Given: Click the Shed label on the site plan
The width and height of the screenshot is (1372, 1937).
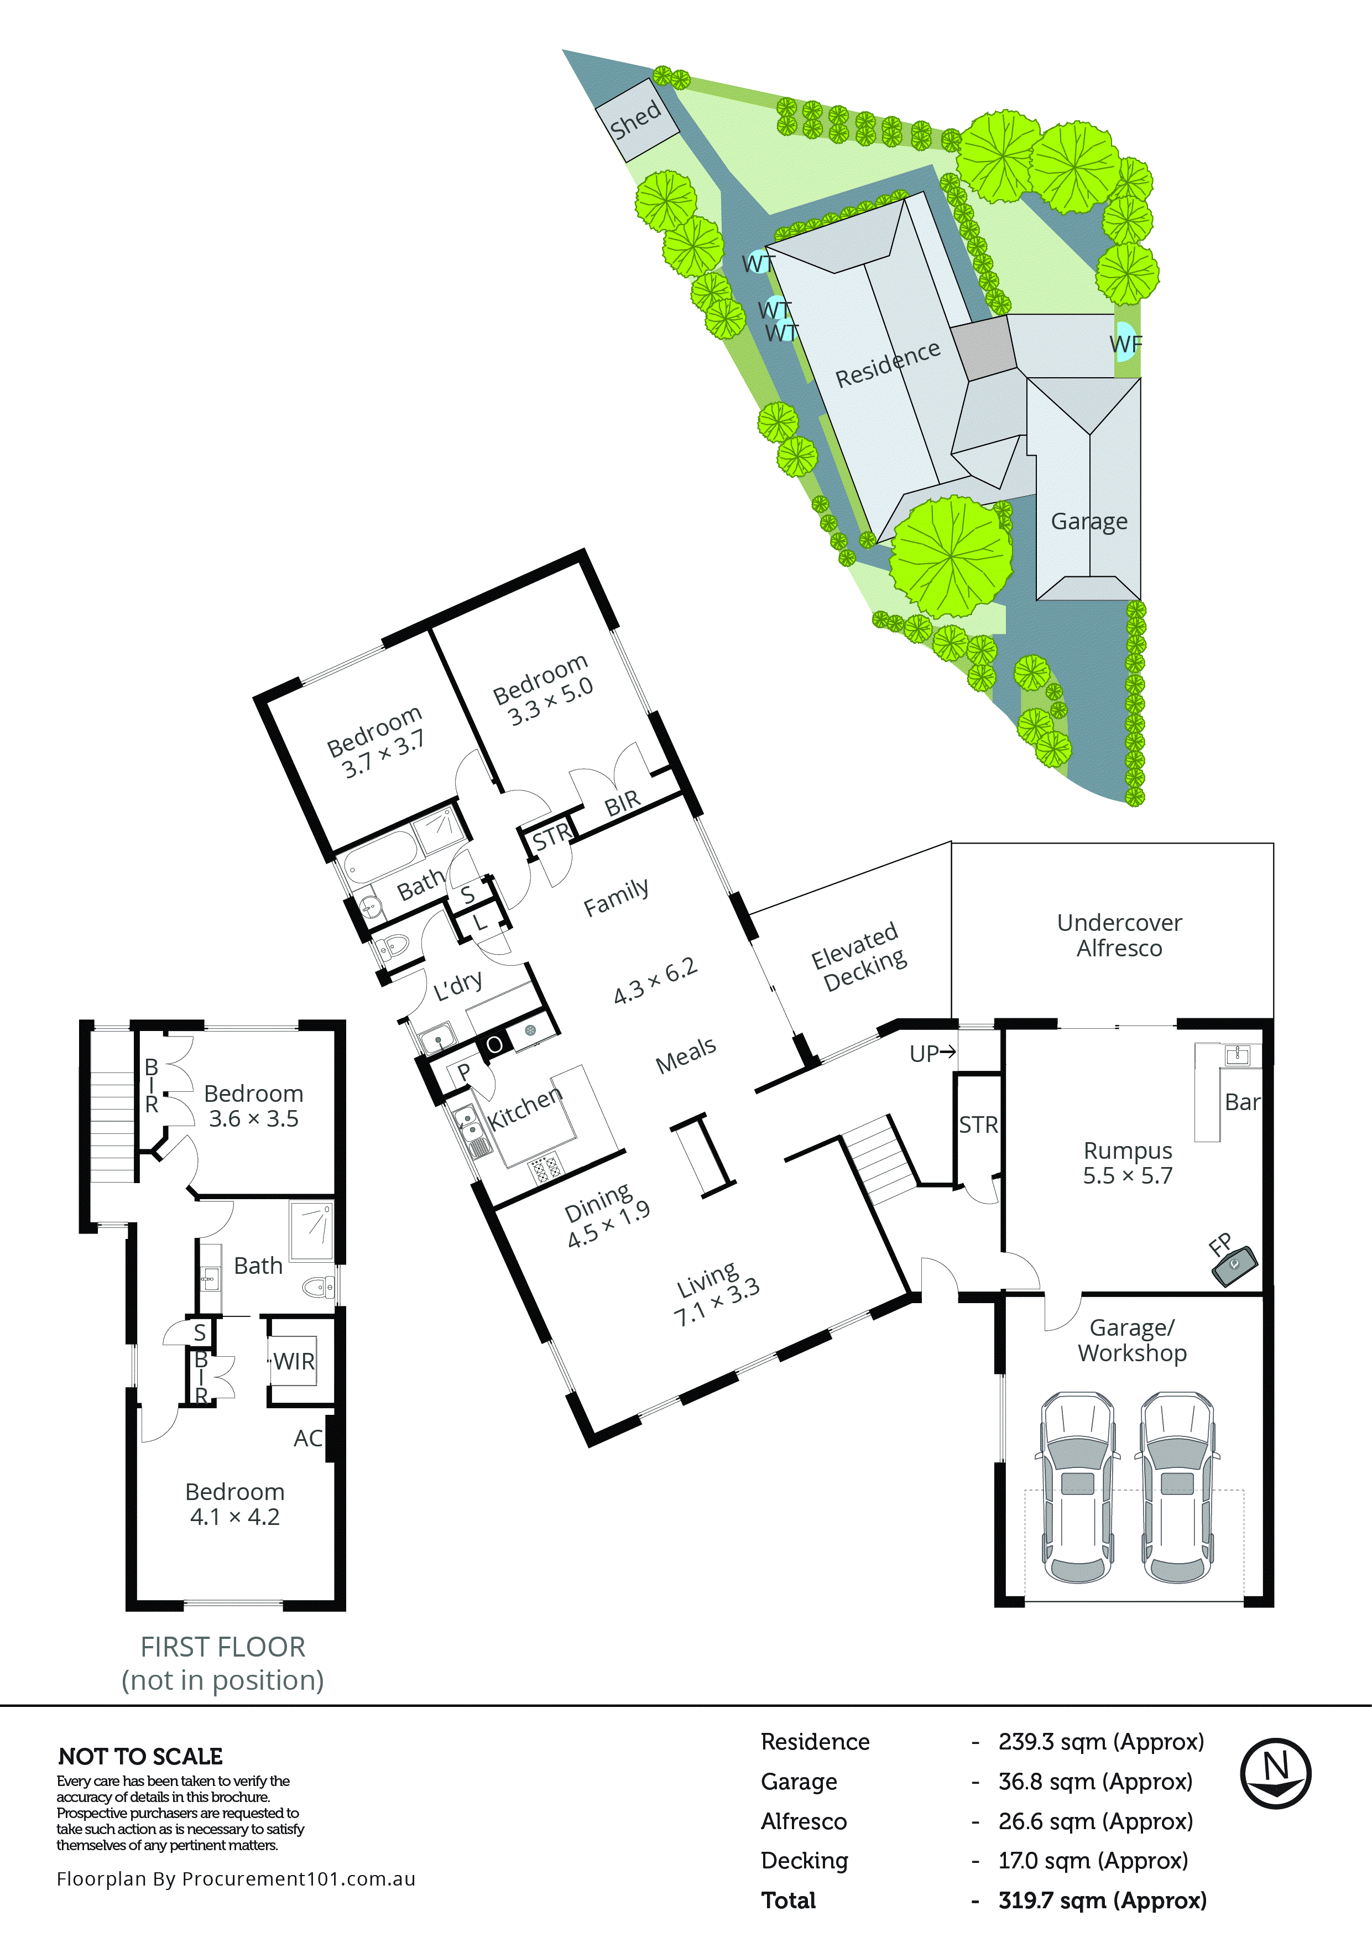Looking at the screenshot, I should pyautogui.click(x=635, y=120).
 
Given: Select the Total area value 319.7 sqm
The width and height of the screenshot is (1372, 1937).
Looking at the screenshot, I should pyautogui.click(x=1102, y=1900).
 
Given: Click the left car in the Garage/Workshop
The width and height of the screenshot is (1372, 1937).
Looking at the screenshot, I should pyautogui.click(x=1076, y=1487).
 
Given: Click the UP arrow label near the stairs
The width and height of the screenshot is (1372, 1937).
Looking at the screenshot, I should pyautogui.click(x=932, y=1053).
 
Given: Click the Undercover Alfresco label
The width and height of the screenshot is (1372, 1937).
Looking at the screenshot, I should pyautogui.click(x=1119, y=935).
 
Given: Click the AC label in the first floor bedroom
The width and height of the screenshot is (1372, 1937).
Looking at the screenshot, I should pyautogui.click(x=307, y=1438).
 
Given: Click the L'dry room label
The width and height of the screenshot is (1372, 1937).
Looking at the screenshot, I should pyautogui.click(x=458, y=986).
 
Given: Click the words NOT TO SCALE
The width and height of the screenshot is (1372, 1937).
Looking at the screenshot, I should pyautogui.click(x=140, y=1756).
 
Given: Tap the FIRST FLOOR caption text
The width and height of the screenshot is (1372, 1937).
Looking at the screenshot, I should pyautogui.click(x=222, y=1647).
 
